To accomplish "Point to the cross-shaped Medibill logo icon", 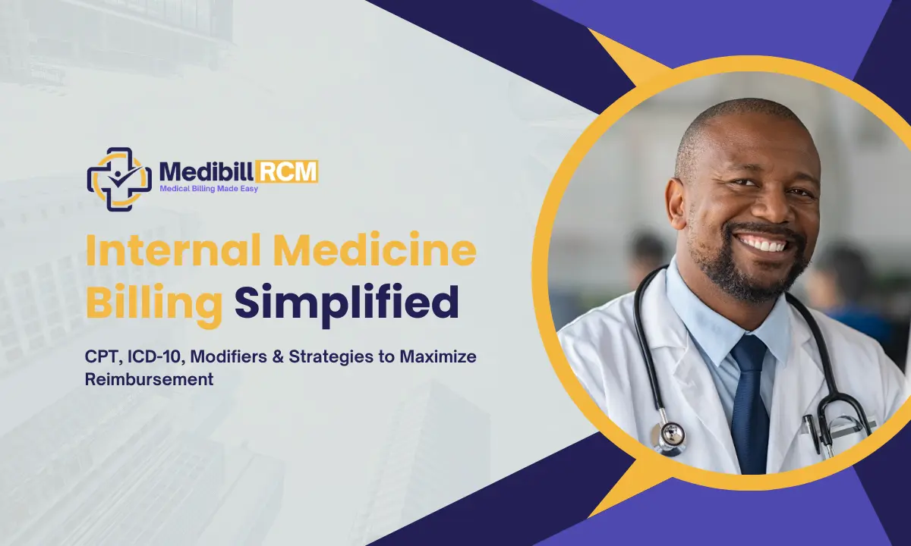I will pos(118,178).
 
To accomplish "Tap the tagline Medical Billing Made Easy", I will pos(209,189).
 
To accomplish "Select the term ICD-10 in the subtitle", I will pos(150,356).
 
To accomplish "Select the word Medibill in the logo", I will pos(199,171).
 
